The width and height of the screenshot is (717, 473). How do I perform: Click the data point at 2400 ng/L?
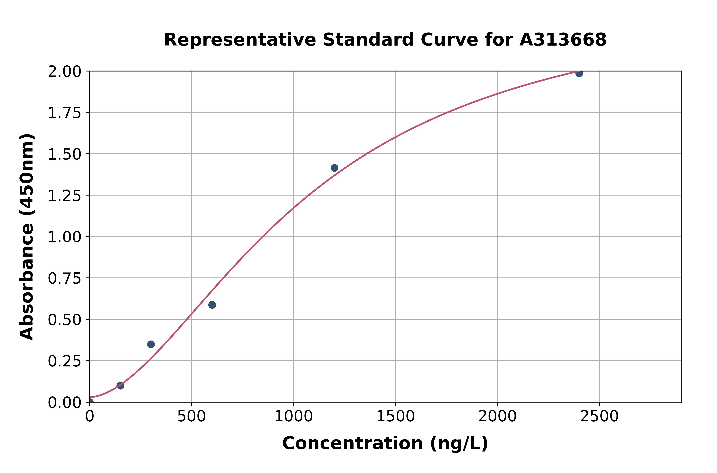tap(579, 73)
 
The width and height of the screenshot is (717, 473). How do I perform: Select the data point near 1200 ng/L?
tap(334, 168)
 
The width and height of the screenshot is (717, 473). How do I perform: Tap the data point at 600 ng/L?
tap(212, 305)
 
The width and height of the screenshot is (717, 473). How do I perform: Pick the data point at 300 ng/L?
tap(151, 344)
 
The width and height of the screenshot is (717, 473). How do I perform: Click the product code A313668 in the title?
tap(563, 40)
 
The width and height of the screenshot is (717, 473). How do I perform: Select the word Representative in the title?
tap(240, 40)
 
